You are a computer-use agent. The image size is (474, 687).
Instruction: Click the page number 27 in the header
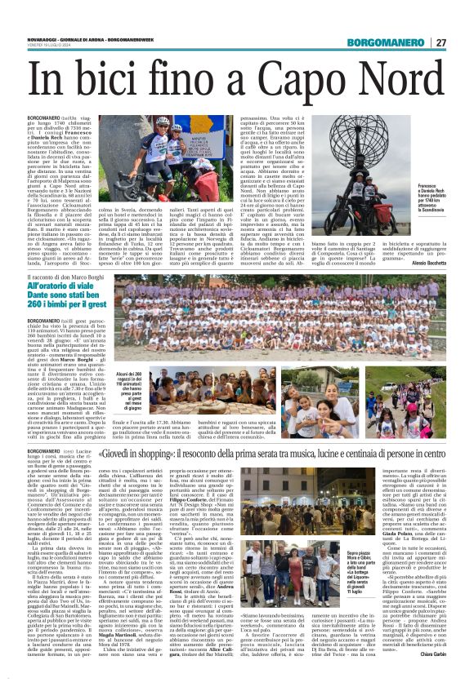click(462, 43)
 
